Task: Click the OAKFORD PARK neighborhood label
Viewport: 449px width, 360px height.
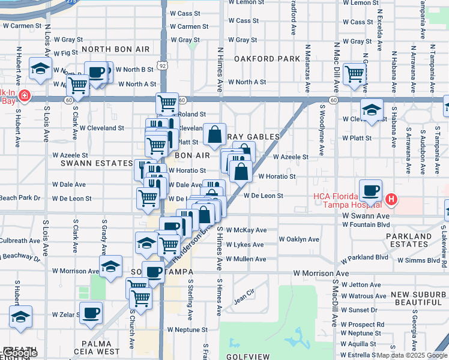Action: [x=267, y=59]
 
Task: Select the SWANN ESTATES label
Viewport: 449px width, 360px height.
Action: [x=96, y=163]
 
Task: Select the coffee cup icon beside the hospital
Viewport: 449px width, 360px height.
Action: [x=370, y=190]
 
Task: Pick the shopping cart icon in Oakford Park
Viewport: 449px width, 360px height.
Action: [x=355, y=73]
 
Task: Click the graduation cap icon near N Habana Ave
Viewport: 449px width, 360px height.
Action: [x=372, y=110]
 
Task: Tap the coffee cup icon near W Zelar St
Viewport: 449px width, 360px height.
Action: [x=91, y=312]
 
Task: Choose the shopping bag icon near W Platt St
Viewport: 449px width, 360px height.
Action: [x=214, y=134]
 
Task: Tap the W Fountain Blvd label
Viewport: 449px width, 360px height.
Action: [x=366, y=224]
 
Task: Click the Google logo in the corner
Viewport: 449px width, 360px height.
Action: [x=19, y=353]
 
